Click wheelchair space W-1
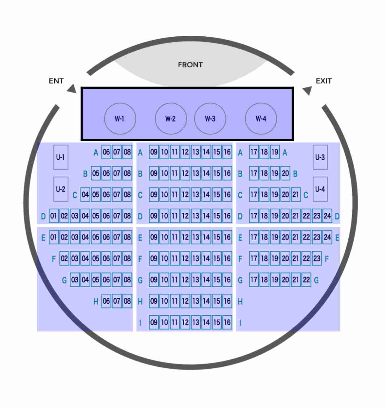pyautogui.click(x=120, y=118)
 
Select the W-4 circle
pyautogui.click(x=261, y=118)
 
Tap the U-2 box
pyautogui.click(x=61, y=189)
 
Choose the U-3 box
pyautogui.click(x=320, y=157)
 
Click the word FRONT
pyautogui.click(x=190, y=65)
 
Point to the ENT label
pyautogui.click(x=56, y=81)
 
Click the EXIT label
pyautogui.click(x=324, y=81)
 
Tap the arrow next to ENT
pyautogui.click(x=72, y=89)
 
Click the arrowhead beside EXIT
pyautogui.click(x=307, y=90)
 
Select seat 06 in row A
pyautogui.click(x=106, y=152)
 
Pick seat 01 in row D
pyautogui.click(x=54, y=216)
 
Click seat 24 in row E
pyautogui.click(x=327, y=237)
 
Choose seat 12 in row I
pyautogui.click(x=185, y=322)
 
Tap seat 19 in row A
pyautogui.click(x=275, y=152)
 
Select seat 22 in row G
pyautogui.click(x=306, y=279)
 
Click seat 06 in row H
pyautogui.click(x=106, y=301)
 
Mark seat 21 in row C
pyautogui.click(x=296, y=194)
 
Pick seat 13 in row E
pyautogui.click(x=196, y=237)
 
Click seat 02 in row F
pyautogui.click(x=64, y=258)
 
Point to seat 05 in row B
pyautogui.click(x=96, y=173)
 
